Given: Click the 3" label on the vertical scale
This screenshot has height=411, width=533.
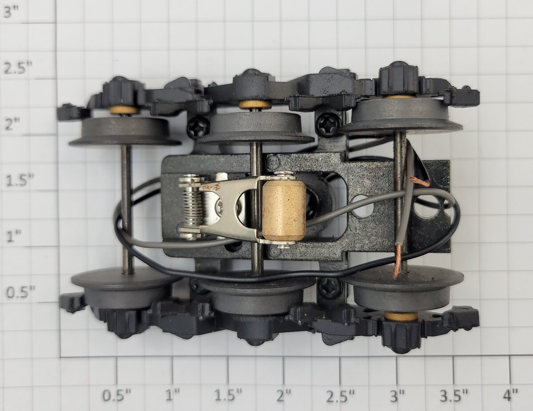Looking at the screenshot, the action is tap(11, 13).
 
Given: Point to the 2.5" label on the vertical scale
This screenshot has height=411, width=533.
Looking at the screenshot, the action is tap(17, 69).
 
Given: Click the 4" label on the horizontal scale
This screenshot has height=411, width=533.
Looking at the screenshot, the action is tap(510, 394).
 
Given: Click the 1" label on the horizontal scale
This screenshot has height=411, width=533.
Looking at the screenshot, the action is tap(172, 394).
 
